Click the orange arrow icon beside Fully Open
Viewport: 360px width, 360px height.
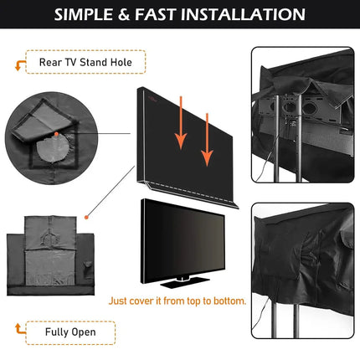(18, 327)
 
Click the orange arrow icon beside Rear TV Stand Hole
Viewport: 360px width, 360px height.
(18, 62)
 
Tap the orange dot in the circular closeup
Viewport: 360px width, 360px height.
(55, 135)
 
